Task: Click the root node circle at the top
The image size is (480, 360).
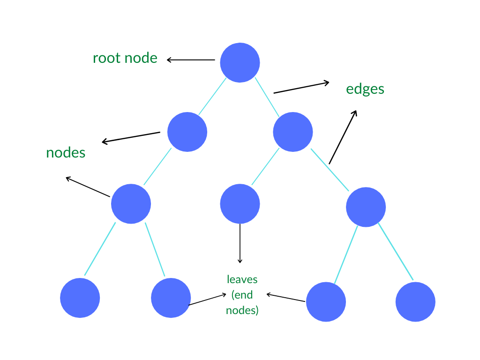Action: coord(240,62)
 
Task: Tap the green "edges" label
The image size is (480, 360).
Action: coord(365,89)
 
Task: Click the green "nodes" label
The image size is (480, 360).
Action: coord(66,153)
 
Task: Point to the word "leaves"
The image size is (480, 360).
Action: coord(242,279)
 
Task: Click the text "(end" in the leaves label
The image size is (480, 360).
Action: coord(242,295)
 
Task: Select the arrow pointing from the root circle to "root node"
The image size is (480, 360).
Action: coord(191,60)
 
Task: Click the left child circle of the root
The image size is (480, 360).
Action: coord(187,132)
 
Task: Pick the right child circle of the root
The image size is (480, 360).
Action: coord(293,132)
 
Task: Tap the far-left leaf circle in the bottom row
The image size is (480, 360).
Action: coord(80,298)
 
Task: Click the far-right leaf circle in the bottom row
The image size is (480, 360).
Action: coord(415,301)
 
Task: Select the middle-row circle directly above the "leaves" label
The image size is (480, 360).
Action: coord(240,204)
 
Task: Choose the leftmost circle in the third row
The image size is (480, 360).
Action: coord(131,204)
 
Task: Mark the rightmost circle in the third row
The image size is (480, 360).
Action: coord(366,207)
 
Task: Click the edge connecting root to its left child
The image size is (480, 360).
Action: coord(212,97)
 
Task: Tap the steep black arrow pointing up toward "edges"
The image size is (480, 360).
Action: coord(343,137)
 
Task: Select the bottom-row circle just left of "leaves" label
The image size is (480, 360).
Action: coord(171,298)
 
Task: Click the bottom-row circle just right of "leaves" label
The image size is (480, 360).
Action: coord(326,301)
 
